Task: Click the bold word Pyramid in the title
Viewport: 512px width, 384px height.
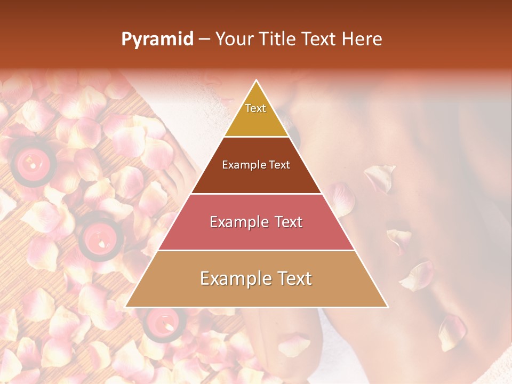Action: [157, 39]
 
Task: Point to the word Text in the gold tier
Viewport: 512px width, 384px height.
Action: [255, 108]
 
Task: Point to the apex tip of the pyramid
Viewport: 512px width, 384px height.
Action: [257, 81]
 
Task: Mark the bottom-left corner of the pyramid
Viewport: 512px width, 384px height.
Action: [126, 307]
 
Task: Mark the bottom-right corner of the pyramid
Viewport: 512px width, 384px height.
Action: [387, 307]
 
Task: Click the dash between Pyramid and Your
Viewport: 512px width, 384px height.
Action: [204, 39]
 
